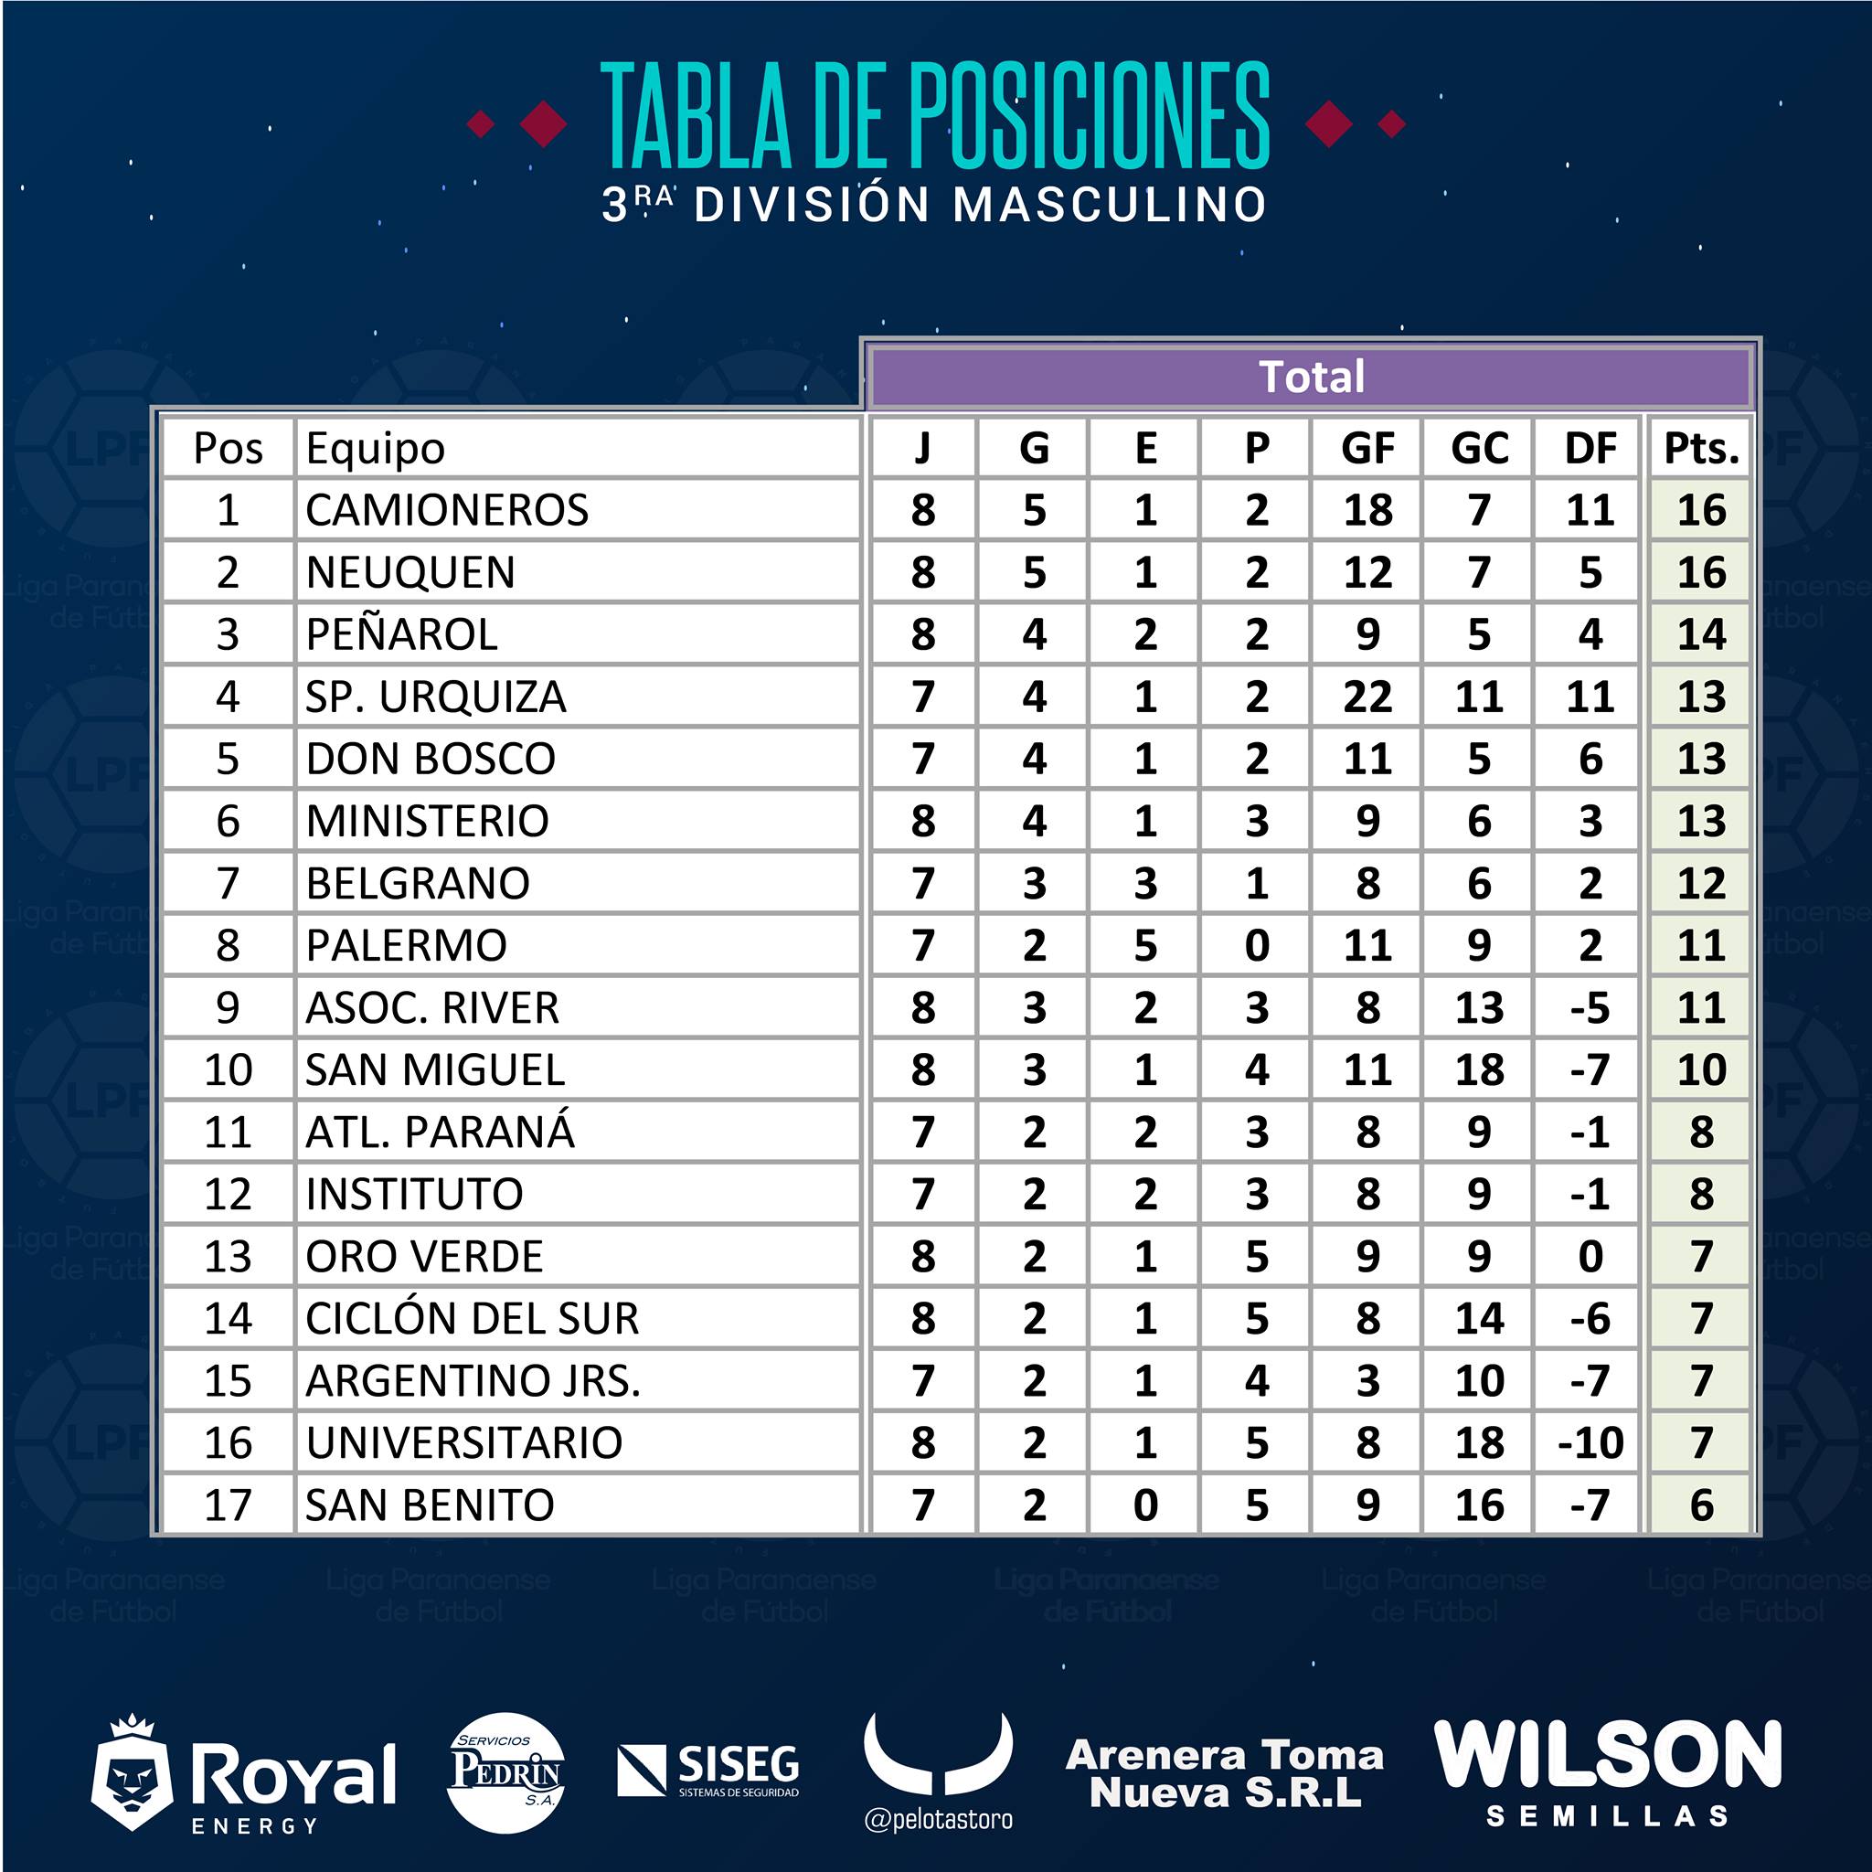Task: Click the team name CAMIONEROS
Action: tap(447, 511)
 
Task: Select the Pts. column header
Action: tap(1701, 449)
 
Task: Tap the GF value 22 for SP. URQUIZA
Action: tap(1367, 697)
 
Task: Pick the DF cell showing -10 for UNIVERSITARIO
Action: tap(1590, 1442)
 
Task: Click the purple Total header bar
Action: tap(1312, 377)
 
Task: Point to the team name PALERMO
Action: tap(406, 946)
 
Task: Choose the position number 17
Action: tap(228, 1505)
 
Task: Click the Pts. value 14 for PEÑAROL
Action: tap(1701, 634)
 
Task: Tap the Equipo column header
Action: tap(375, 449)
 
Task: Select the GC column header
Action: tap(1479, 449)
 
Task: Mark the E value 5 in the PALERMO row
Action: tap(1145, 946)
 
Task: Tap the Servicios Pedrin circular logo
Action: tap(505, 1772)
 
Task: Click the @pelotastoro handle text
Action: tap(938, 1820)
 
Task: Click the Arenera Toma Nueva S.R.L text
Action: tap(1225, 1774)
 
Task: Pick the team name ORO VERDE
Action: tap(424, 1257)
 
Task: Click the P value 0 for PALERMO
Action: tap(1257, 946)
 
